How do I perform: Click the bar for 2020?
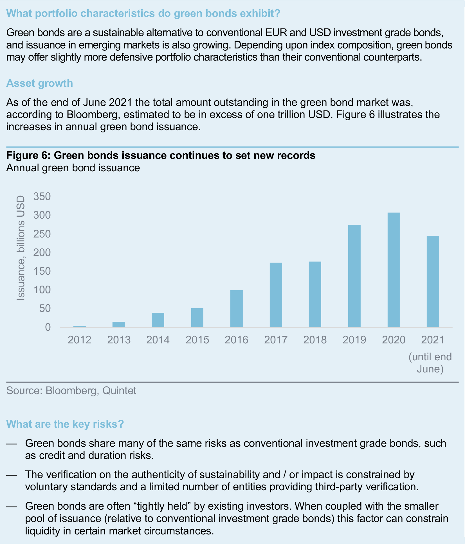[x=393, y=270]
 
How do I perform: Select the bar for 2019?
[x=354, y=276]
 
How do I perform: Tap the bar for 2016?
[x=236, y=308]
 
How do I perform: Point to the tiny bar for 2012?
[x=79, y=326]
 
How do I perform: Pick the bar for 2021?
[x=433, y=281]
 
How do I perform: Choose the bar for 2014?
[x=158, y=320]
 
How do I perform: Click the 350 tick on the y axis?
[x=42, y=196]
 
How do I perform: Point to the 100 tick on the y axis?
[x=42, y=290]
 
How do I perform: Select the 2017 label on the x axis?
[x=276, y=340]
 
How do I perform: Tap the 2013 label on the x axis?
[x=119, y=340]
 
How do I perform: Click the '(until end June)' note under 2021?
[x=430, y=363]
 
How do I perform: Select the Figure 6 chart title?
[x=161, y=155]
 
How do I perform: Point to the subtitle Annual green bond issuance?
[x=73, y=168]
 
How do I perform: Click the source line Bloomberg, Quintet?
[x=71, y=390]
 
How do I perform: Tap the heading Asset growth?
[x=39, y=83]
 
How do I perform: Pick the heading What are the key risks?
[x=65, y=424]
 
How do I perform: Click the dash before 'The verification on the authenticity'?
[x=12, y=475]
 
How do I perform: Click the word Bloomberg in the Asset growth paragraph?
[x=91, y=115]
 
